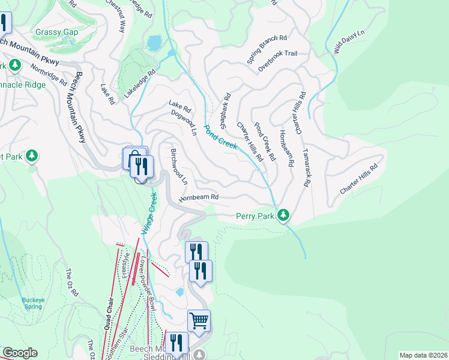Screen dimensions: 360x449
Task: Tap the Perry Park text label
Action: coord(255,215)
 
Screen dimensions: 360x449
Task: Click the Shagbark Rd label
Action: coord(225,111)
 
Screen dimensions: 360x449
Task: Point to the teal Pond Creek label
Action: coord(220,137)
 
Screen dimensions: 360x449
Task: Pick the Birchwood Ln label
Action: coord(179,166)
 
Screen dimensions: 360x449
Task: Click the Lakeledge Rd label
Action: coord(140,83)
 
